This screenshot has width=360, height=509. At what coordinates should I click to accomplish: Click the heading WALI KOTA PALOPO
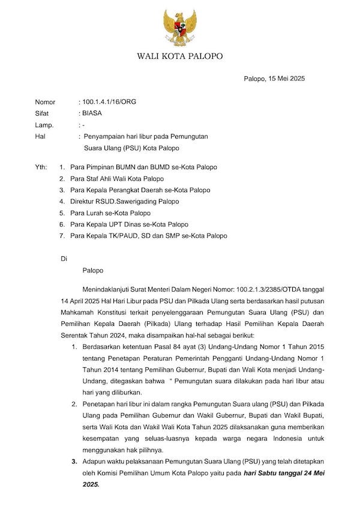point(179,56)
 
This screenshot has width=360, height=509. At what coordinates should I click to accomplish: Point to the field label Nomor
point(45,101)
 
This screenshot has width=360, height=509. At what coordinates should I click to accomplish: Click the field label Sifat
point(42,113)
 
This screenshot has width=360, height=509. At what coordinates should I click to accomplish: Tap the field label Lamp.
point(44,125)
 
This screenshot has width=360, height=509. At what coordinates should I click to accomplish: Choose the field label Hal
point(40,136)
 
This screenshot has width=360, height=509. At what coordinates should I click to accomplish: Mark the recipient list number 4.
point(62,202)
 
